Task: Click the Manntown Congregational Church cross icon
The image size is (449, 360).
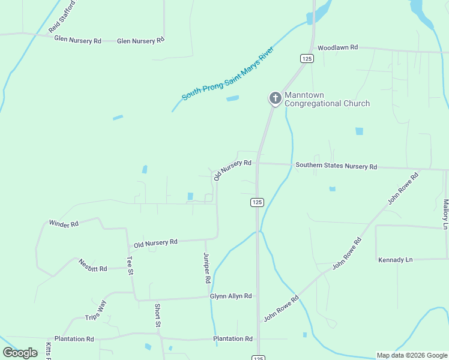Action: [x=275, y=98]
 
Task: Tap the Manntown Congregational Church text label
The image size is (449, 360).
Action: [x=327, y=99]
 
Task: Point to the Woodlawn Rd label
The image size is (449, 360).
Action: [x=337, y=47]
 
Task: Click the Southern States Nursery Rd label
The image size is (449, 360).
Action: [x=336, y=166]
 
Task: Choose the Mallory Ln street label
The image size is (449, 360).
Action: [x=445, y=215]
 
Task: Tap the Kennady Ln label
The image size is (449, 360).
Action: [x=396, y=260]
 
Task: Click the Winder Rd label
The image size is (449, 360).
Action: [x=64, y=224]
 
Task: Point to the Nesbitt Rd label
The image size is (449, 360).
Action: [x=92, y=266]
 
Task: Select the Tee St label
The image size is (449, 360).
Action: [x=129, y=265]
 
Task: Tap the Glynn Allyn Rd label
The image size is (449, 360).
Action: [x=231, y=296]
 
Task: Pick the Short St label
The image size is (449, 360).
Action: [x=158, y=316]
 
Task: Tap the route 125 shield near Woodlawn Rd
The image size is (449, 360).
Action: [x=307, y=58]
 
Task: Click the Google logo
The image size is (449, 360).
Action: [x=20, y=353]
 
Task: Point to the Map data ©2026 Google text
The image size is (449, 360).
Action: [x=411, y=355]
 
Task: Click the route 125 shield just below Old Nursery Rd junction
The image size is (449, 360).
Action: [x=256, y=203]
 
